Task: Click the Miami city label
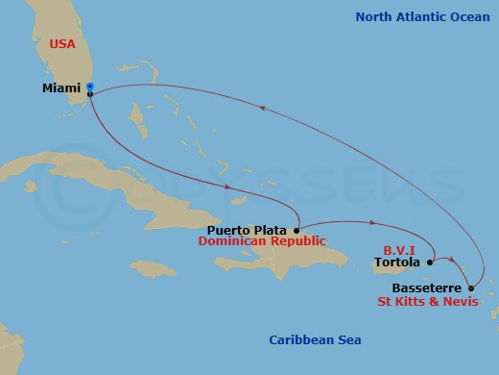(61, 87)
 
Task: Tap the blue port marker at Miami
(89, 87)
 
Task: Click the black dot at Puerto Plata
(297, 231)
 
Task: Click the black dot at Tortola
(430, 261)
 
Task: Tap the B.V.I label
(400, 247)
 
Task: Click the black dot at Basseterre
(470, 287)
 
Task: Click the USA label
(63, 43)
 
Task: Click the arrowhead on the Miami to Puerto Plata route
(227, 187)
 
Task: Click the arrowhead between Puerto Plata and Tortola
(369, 223)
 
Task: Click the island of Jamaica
(154, 268)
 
